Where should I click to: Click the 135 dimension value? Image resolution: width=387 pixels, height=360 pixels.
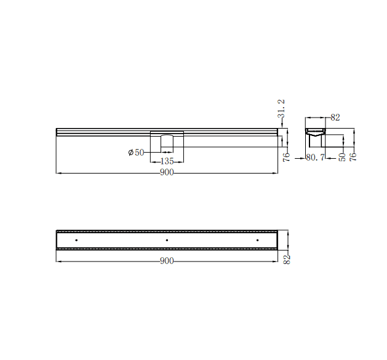[167, 161]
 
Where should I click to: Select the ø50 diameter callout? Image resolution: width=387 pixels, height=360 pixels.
[136, 152]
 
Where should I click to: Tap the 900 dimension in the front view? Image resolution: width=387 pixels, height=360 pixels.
[167, 173]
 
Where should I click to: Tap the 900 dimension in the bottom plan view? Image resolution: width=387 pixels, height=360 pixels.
[167, 261]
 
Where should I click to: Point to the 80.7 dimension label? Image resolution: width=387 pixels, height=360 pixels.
[316, 158]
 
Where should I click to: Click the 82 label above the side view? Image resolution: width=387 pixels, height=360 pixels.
[335, 117]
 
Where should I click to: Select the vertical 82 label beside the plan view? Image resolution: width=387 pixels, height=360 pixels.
[287, 259]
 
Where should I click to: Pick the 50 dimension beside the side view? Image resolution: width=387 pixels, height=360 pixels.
[342, 156]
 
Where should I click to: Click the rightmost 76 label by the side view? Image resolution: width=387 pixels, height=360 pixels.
[354, 156]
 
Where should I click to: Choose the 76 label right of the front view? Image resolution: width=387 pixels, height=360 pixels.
[287, 156]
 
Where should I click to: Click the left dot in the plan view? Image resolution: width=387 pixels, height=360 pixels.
[76, 239]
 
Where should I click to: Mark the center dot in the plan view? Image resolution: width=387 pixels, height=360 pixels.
[167, 239]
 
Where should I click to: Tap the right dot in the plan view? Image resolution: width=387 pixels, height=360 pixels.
[257, 239]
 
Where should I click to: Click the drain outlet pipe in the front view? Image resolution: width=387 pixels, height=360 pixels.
[167, 143]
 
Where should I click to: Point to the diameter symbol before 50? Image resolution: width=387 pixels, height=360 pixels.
[131, 152]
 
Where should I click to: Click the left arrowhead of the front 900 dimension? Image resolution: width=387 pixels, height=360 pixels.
[58, 173]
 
